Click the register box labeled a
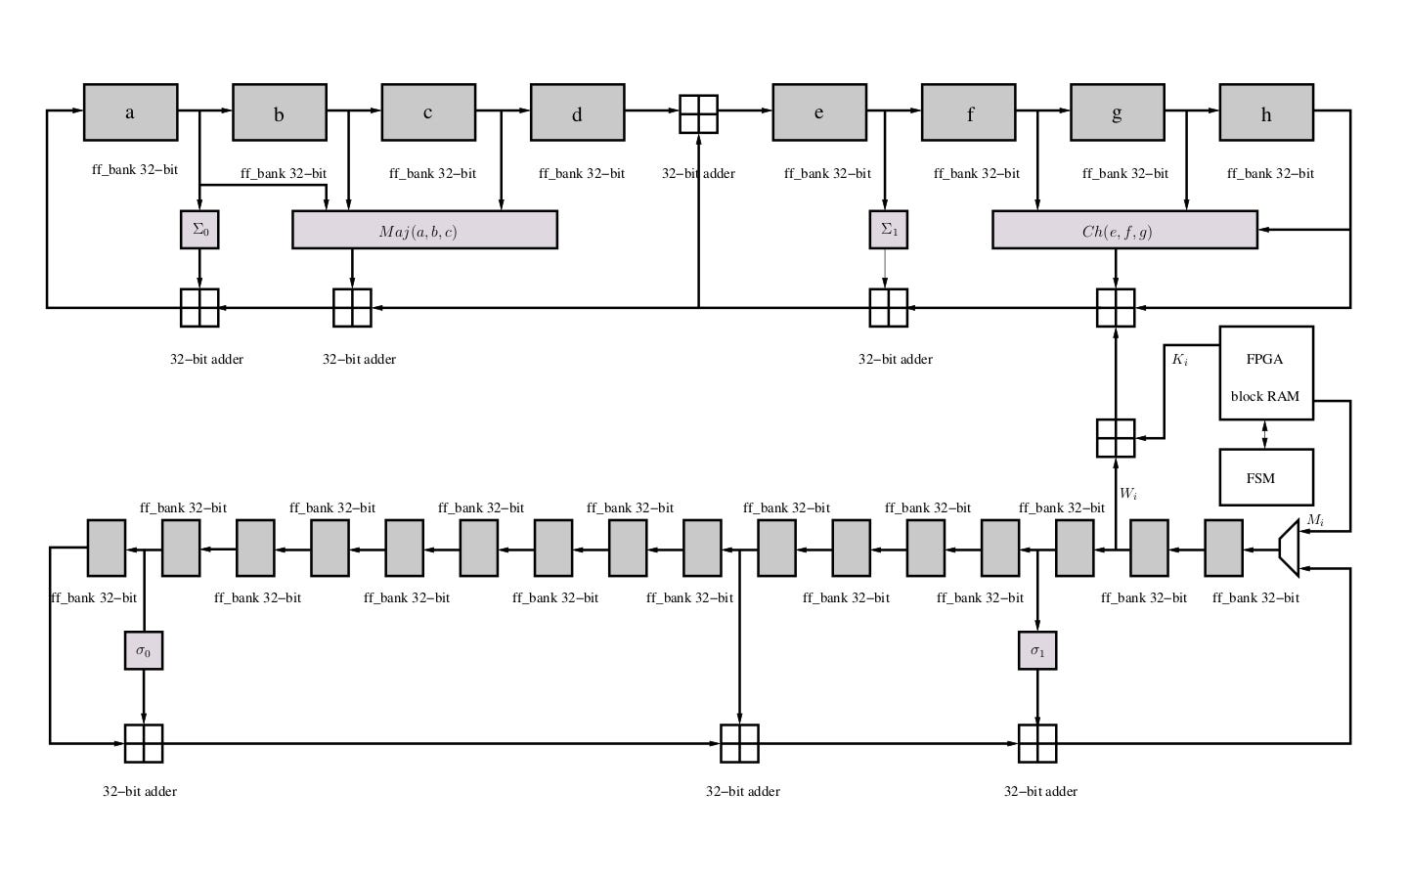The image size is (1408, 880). (x=130, y=112)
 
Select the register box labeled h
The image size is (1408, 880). (x=1265, y=112)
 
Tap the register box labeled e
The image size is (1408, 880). (x=818, y=112)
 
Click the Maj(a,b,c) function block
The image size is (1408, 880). (x=424, y=230)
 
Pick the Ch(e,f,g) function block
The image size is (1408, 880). (x=1124, y=230)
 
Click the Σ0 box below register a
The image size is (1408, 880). (x=199, y=230)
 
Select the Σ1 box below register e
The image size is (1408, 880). (x=888, y=230)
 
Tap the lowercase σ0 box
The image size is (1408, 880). (x=144, y=650)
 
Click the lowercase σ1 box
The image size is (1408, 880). (x=1037, y=650)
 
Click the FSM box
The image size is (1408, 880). (x=1265, y=477)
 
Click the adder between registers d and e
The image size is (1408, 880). (x=698, y=113)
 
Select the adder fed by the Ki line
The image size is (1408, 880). (x=1116, y=438)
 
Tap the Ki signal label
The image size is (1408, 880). (x=1180, y=360)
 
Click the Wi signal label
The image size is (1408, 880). (x=1128, y=494)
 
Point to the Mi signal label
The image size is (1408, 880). (x=1315, y=520)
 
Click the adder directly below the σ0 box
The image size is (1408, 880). (x=144, y=743)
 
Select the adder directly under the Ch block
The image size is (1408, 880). (x=1116, y=308)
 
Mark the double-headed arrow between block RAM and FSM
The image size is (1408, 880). (x=1265, y=434)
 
